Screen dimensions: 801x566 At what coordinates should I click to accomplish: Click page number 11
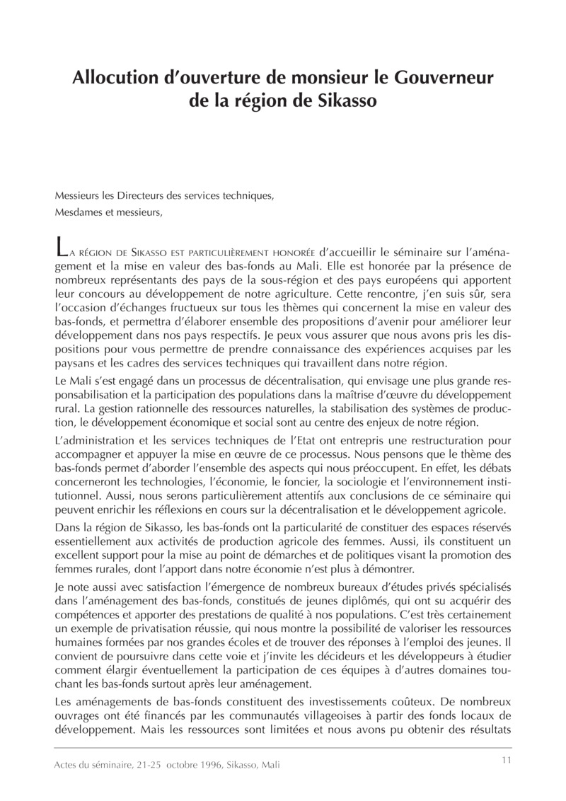[506, 760]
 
